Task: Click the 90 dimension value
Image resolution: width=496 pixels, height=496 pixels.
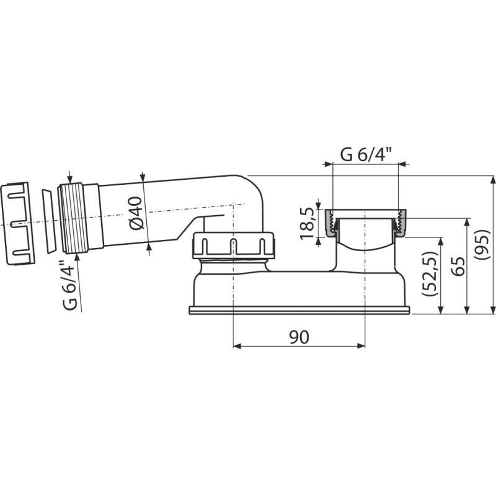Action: coord(299,337)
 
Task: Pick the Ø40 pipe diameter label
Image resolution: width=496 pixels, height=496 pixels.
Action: coord(136,213)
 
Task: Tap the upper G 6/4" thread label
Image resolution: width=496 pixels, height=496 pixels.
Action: coord(366,154)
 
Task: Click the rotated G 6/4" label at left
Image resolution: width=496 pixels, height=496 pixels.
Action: coord(69,285)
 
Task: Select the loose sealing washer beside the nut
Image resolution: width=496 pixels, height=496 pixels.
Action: coord(49,221)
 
